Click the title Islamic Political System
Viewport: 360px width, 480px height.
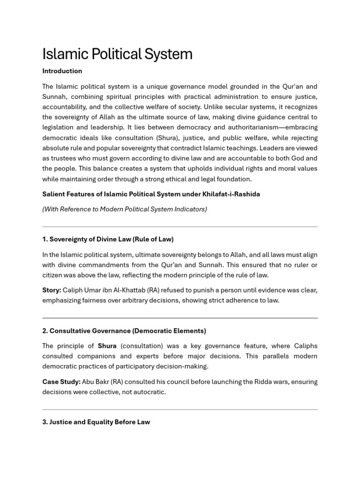(117, 54)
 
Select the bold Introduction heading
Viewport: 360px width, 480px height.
(62, 71)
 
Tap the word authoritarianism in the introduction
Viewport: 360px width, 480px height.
(256, 127)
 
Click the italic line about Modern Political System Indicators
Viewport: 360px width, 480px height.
(124, 209)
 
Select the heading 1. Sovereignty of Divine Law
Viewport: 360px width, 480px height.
(108, 239)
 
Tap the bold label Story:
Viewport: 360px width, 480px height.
(52, 290)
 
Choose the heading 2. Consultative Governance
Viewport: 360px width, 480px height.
(124, 331)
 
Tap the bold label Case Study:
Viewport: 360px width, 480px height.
(61, 382)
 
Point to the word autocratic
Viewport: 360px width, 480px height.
(149, 392)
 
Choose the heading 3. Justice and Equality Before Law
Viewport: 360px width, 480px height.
(96, 422)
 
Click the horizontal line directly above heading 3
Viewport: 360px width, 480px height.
(180, 410)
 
